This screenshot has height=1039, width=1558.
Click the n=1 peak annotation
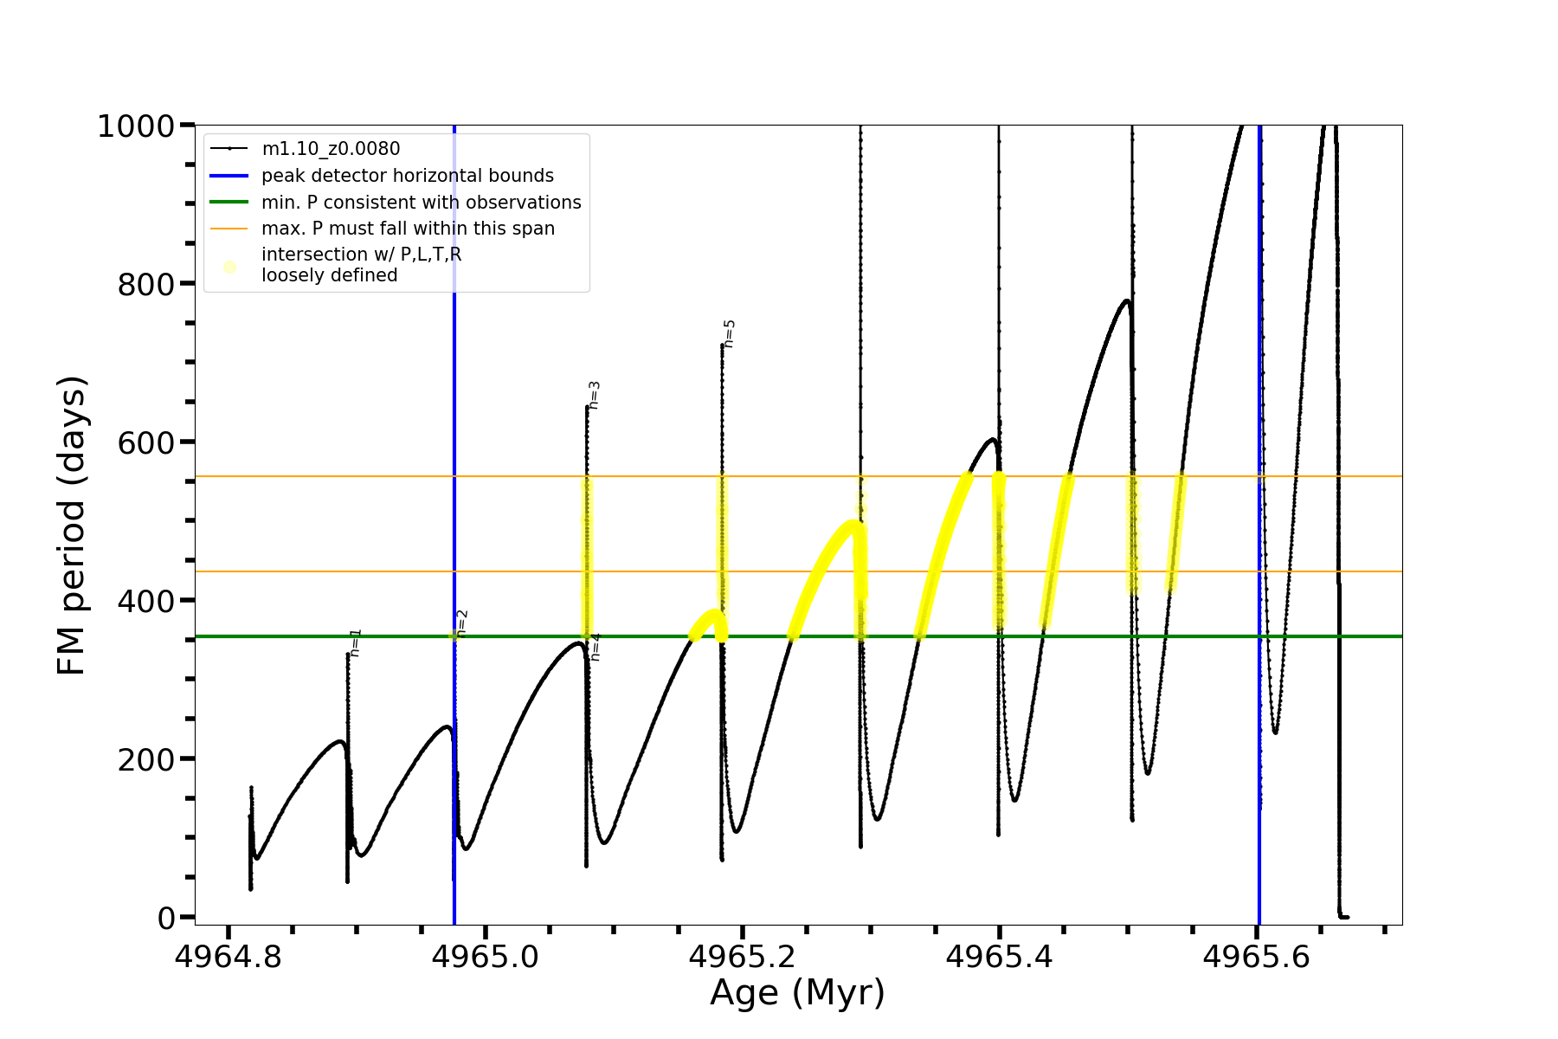[356, 642]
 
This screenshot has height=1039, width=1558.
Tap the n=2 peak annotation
[462, 623]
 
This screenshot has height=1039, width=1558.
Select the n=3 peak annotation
[595, 395]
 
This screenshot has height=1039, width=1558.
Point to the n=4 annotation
[596, 647]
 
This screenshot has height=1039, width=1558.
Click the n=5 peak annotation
[730, 333]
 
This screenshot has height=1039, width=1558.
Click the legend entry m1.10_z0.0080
[331, 149]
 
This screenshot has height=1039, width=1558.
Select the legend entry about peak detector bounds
[407, 176]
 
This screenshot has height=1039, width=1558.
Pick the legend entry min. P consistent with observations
[421, 203]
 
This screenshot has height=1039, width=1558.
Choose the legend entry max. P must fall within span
[408, 229]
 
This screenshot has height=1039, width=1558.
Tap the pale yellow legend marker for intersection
[229, 267]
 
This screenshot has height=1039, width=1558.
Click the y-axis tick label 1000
[136, 126]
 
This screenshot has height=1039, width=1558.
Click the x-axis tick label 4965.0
[485, 957]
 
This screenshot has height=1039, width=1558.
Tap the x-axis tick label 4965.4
[1000, 957]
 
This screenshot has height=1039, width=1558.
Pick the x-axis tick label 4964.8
[228, 957]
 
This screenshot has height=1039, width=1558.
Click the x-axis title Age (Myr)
[797, 993]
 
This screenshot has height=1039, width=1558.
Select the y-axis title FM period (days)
[72, 525]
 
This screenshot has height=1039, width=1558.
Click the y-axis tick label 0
[166, 918]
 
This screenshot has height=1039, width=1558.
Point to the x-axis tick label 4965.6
[1257, 957]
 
